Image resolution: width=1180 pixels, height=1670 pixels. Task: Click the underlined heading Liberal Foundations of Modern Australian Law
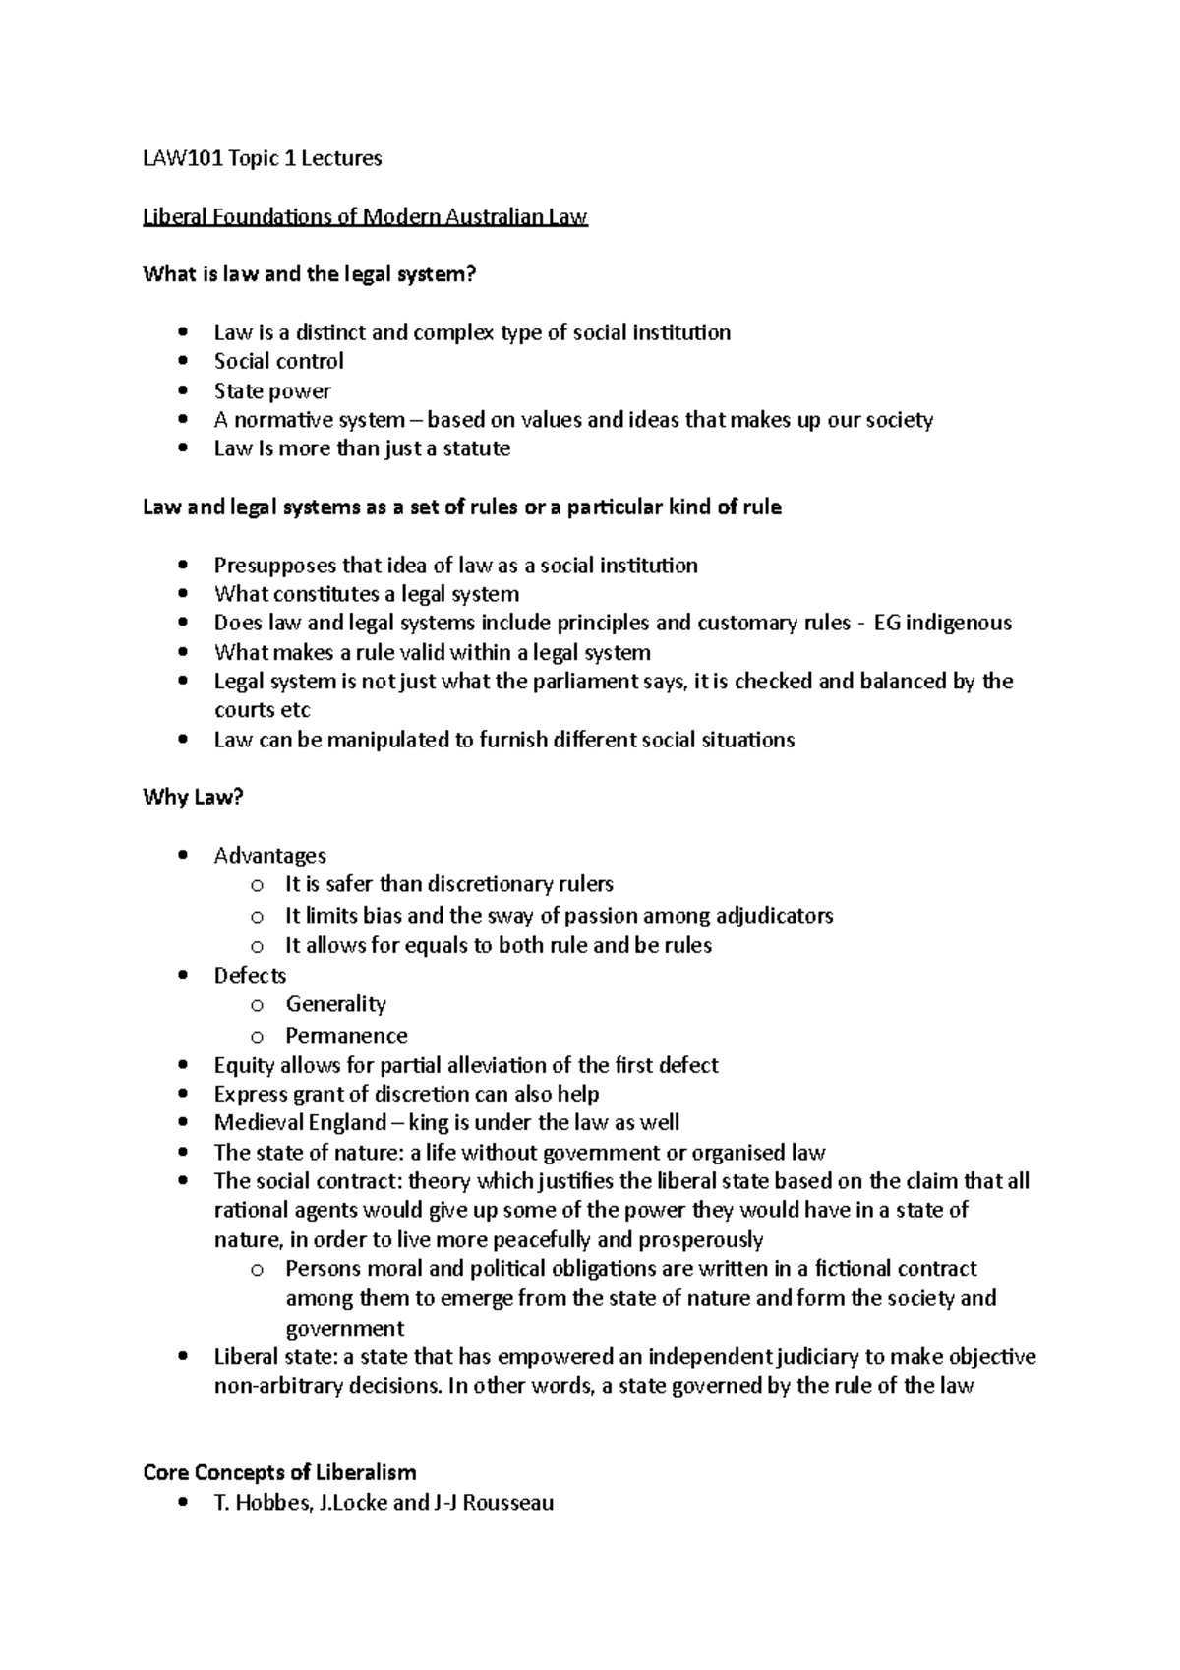pyautogui.click(x=365, y=216)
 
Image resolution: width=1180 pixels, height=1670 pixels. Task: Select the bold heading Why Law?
pyautogui.click(x=193, y=797)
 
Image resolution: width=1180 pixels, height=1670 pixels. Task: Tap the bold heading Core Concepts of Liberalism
pyautogui.click(x=279, y=1472)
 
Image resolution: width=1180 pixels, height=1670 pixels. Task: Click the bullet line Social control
pyautogui.click(x=278, y=361)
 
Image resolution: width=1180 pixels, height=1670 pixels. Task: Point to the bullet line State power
pyautogui.click(x=272, y=390)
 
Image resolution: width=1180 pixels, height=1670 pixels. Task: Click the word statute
pyautogui.click(x=476, y=448)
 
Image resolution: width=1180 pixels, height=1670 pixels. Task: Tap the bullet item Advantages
pyautogui.click(x=269, y=855)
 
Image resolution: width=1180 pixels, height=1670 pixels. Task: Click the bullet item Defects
pyautogui.click(x=250, y=975)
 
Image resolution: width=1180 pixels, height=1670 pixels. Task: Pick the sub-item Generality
pyautogui.click(x=335, y=1004)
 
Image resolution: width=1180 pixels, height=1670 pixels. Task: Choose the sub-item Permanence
pyautogui.click(x=346, y=1035)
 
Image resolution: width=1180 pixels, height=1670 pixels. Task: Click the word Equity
pyautogui.click(x=244, y=1065)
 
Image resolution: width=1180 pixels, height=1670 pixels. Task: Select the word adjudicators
pyautogui.click(x=774, y=916)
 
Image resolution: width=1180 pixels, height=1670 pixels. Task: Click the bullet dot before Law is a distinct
pyautogui.click(x=184, y=333)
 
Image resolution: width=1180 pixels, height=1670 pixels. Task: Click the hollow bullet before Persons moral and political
pyautogui.click(x=257, y=1270)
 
